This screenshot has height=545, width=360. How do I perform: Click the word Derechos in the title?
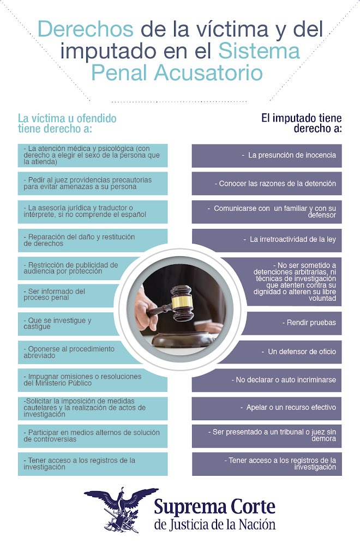86,29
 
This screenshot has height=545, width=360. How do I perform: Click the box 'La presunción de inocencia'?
267,155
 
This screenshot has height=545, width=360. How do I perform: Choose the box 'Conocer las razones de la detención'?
267,184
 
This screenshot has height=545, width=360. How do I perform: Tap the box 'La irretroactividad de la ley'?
267,240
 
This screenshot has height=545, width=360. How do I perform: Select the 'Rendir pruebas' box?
295,323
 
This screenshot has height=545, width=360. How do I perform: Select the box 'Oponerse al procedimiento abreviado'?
65,352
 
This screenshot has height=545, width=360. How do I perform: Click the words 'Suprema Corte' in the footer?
214,507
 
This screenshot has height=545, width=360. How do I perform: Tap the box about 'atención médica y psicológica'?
92,155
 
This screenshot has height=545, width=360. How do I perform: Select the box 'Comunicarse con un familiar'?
267,212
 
